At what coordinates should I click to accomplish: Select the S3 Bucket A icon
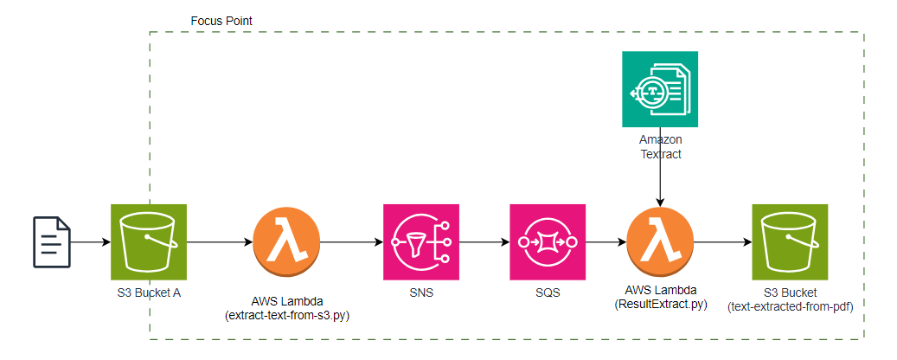pos(149,241)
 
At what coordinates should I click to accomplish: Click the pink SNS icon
pos(421,241)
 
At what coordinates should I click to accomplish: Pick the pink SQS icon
pos(548,241)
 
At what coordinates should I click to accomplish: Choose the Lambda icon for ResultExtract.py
pos(661,241)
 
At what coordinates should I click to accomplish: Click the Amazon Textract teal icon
pos(660,89)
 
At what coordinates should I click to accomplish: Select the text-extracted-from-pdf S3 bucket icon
pos(790,241)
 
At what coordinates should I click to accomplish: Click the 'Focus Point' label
pos(221,19)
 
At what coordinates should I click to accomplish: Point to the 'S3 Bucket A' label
pos(149,292)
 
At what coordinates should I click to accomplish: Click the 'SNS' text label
pos(421,292)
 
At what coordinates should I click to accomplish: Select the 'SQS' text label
pos(548,292)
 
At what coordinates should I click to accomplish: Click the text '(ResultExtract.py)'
pos(661,305)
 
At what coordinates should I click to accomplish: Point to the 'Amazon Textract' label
pos(660,146)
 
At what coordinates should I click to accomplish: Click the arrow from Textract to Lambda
pos(661,182)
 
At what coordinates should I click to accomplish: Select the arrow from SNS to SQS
pos(484,241)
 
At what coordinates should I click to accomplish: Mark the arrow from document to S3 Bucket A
pos(91,241)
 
